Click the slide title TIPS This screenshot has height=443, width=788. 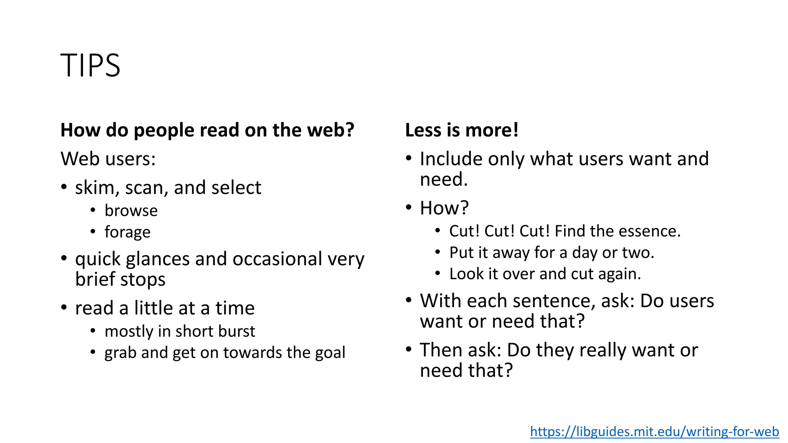[x=90, y=65]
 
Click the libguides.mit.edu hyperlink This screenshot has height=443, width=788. [x=654, y=431]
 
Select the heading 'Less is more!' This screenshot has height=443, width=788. [x=462, y=130]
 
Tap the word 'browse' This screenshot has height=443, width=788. [x=131, y=211]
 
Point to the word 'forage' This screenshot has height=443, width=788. [x=127, y=232]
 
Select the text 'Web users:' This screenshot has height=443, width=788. [x=108, y=159]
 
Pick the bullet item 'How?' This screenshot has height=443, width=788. [x=444, y=208]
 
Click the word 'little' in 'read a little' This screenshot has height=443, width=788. [x=153, y=308]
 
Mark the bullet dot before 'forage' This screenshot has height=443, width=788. [x=93, y=231]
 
